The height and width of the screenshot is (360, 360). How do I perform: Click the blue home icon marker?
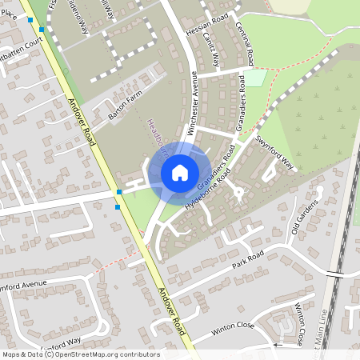(180, 172)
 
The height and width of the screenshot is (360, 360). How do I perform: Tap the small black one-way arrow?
(275, 344)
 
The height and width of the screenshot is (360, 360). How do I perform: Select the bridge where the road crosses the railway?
(334, 274)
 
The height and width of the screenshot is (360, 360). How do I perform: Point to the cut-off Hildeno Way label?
(81, 15)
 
